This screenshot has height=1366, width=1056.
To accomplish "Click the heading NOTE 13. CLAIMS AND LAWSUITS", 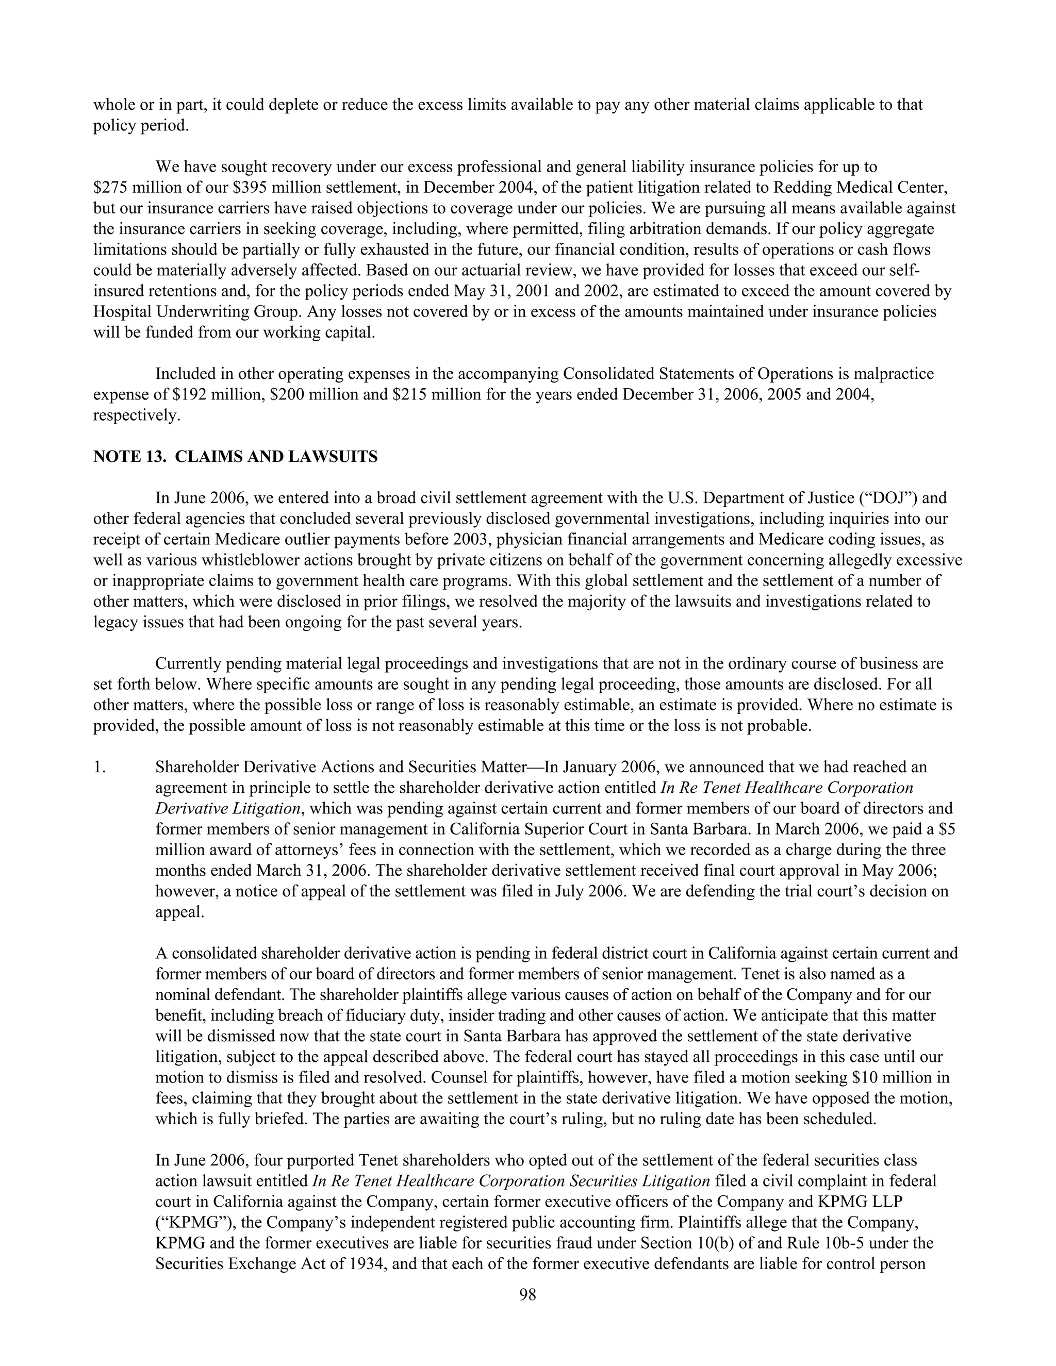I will coord(235,457).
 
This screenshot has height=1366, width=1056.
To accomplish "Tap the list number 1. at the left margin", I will coord(100,767).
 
